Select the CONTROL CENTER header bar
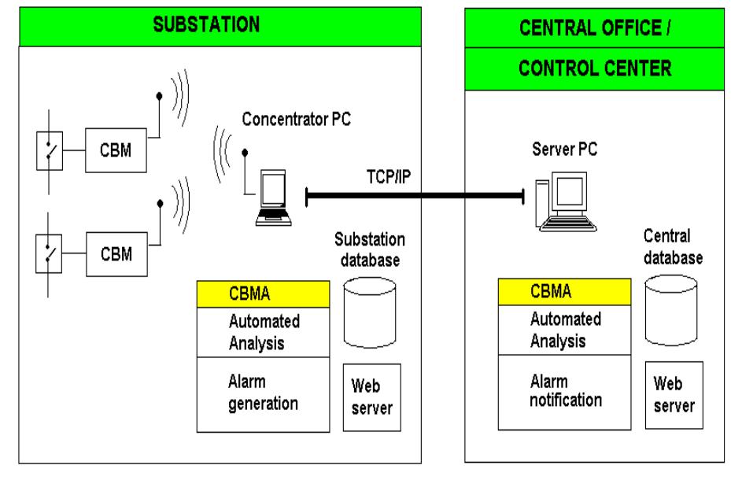596,68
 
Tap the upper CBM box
114,151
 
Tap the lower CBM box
114,254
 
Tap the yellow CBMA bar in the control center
563,293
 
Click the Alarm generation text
263,392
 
